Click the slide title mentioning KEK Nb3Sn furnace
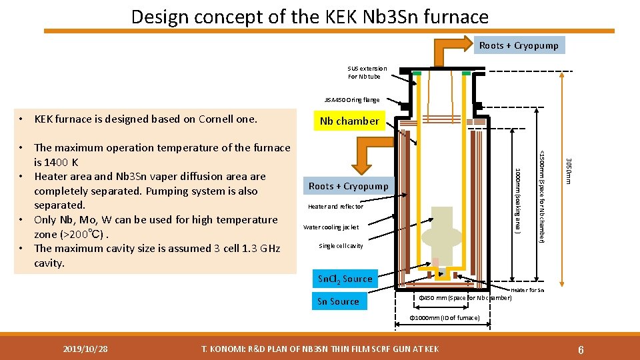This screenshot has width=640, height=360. [309, 16]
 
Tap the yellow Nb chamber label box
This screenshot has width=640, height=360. [349, 121]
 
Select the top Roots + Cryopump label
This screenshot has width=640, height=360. [519, 45]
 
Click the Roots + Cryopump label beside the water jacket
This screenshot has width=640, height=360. [348, 186]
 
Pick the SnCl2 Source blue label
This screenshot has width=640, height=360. [345, 279]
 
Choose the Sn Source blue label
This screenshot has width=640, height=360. [338, 301]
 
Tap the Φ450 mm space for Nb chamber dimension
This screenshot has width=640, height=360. [464, 298]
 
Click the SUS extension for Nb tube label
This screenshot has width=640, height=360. [367, 72]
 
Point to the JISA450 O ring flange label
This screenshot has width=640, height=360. [352, 100]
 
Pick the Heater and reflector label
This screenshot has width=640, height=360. [335, 207]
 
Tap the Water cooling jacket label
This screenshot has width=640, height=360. [331, 227]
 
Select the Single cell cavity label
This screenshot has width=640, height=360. [341, 246]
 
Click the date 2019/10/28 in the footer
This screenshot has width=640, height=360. [85, 349]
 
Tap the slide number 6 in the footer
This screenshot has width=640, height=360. [582, 349]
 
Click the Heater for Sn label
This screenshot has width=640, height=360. [527, 290]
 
